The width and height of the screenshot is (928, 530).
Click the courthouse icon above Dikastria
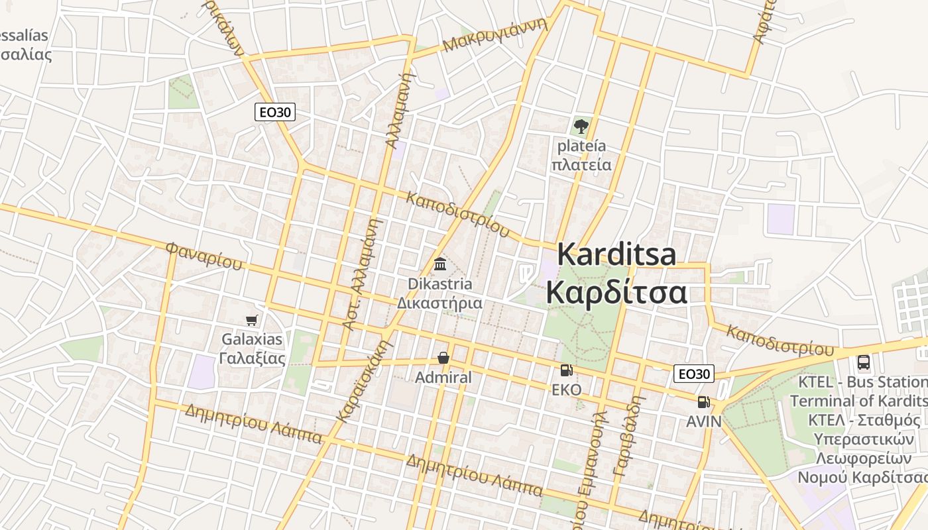pyautogui.click(x=439, y=264)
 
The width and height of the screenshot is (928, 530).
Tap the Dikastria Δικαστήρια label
pyautogui.click(x=439, y=293)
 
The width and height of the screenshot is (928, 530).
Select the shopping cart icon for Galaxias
pyautogui.click(x=251, y=321)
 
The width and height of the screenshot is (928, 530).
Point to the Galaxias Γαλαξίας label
pyautogui.click(x=252, y=348)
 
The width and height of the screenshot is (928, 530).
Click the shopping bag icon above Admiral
pyautogui.click(x=443, y=358)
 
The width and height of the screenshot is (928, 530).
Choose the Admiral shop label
pyautogui.click(x=443, y=378)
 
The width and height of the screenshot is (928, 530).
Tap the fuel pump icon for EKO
pyautogui.click(x=566, y=370)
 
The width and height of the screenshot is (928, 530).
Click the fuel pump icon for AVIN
pyautogui.click(x=703, y=401)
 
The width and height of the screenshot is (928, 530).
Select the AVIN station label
pyautogui.click(x=703, y=421)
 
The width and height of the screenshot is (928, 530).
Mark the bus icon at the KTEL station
pyautogui.click(x=863, y=362)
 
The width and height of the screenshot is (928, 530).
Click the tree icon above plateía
pyautogui.click(x=581, y=125)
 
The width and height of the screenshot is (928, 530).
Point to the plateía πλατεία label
pyautogui.click(x=581, y=155)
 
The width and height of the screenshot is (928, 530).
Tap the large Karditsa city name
pyautogui.click(x=616, y=273)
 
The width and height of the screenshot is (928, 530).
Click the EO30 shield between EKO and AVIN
pyautogui.click(x=693, y=374)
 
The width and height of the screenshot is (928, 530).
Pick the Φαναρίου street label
pyautogui.click(x=203, y=256)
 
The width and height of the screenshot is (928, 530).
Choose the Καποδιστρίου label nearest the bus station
pyautogui.click(x=780, y=339)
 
